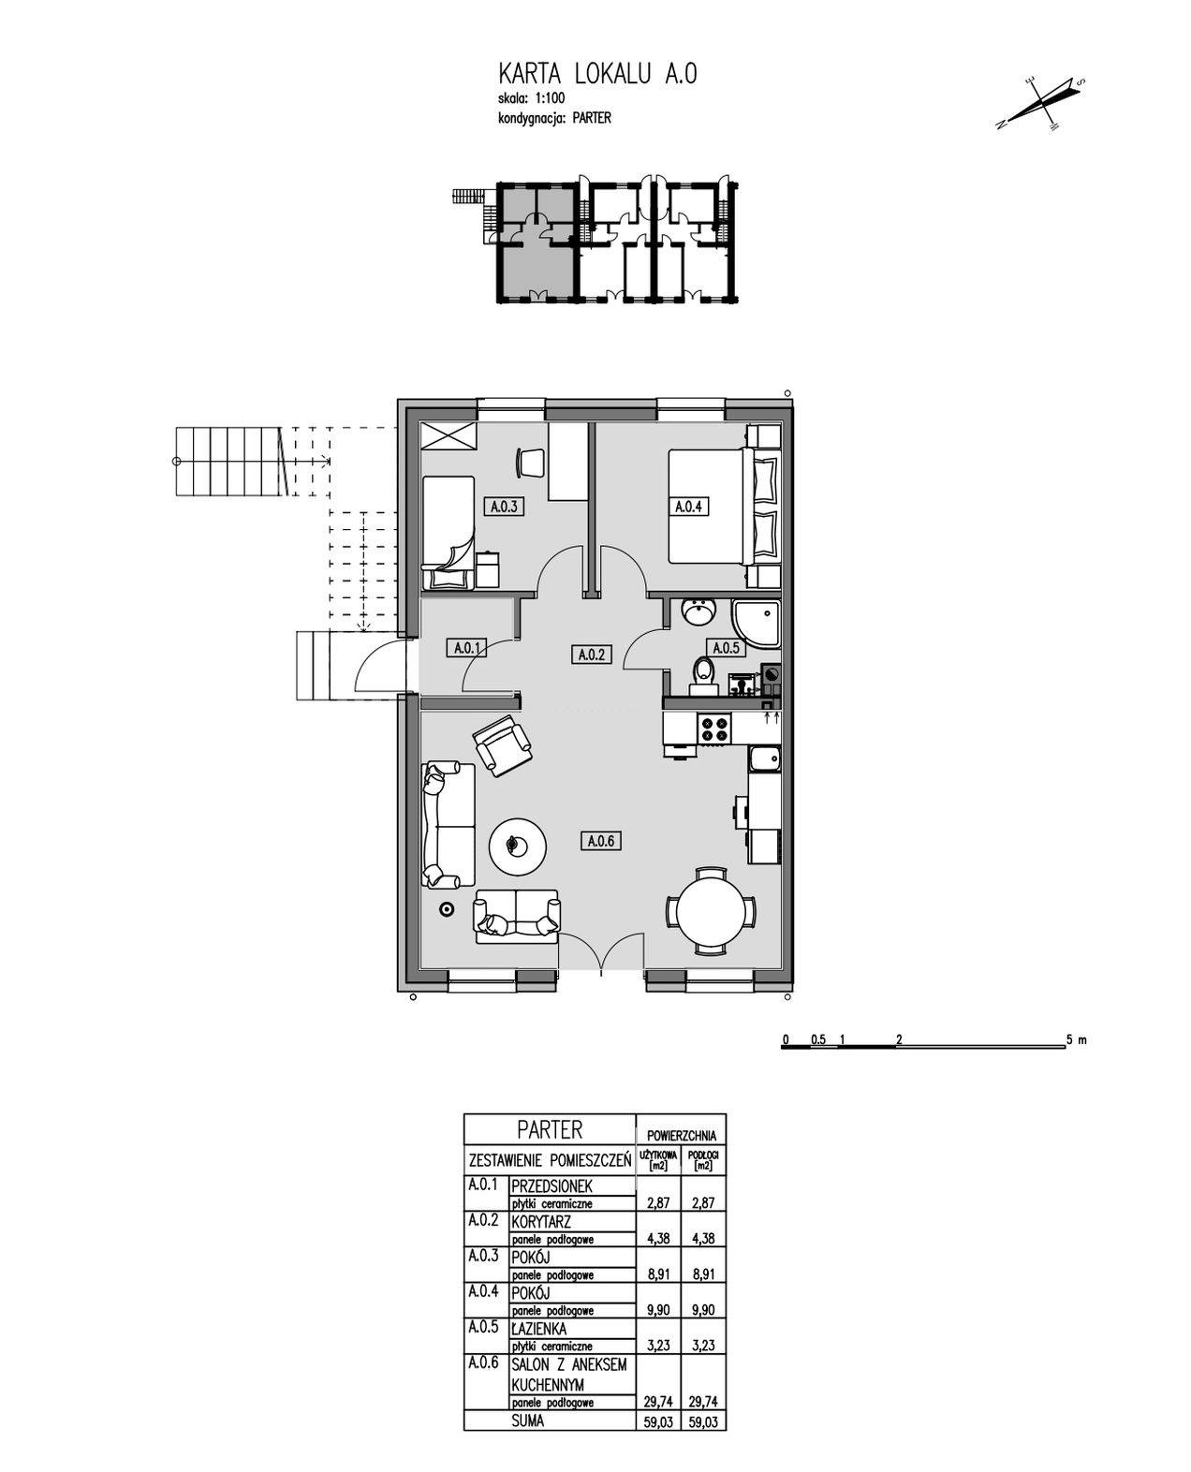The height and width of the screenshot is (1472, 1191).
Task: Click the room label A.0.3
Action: coord(504,507)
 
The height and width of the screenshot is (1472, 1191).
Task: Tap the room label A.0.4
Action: coord(688,507)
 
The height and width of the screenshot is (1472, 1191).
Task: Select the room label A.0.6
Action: coord(600,841)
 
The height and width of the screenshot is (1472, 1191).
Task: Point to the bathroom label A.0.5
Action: coord(726,648)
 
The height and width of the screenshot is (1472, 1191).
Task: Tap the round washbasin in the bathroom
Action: coord(698,612)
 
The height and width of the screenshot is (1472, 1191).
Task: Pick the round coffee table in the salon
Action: coord(518,846)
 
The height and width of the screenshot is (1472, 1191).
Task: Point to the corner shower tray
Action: coord(757,624)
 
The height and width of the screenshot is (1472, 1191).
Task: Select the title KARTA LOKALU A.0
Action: coord(596,74)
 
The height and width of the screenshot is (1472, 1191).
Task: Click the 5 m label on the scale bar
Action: coord(1077,1058)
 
